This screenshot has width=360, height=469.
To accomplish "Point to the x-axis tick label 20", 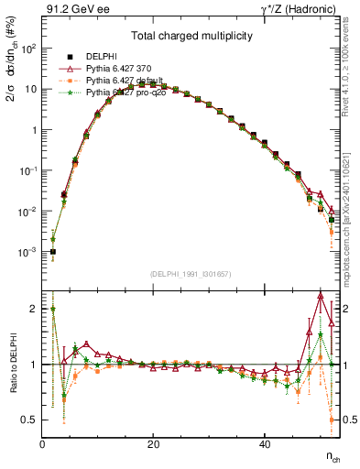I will pos(153,445).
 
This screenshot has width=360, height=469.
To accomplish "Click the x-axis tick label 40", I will pos(264,445).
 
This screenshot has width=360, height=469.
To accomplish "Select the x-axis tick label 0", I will pos(43,445).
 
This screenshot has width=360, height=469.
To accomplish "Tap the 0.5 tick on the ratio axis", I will pos(31,420).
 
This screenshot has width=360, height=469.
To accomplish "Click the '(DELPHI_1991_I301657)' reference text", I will pos(189,274).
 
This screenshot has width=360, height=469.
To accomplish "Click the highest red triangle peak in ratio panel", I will pos(320,295).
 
